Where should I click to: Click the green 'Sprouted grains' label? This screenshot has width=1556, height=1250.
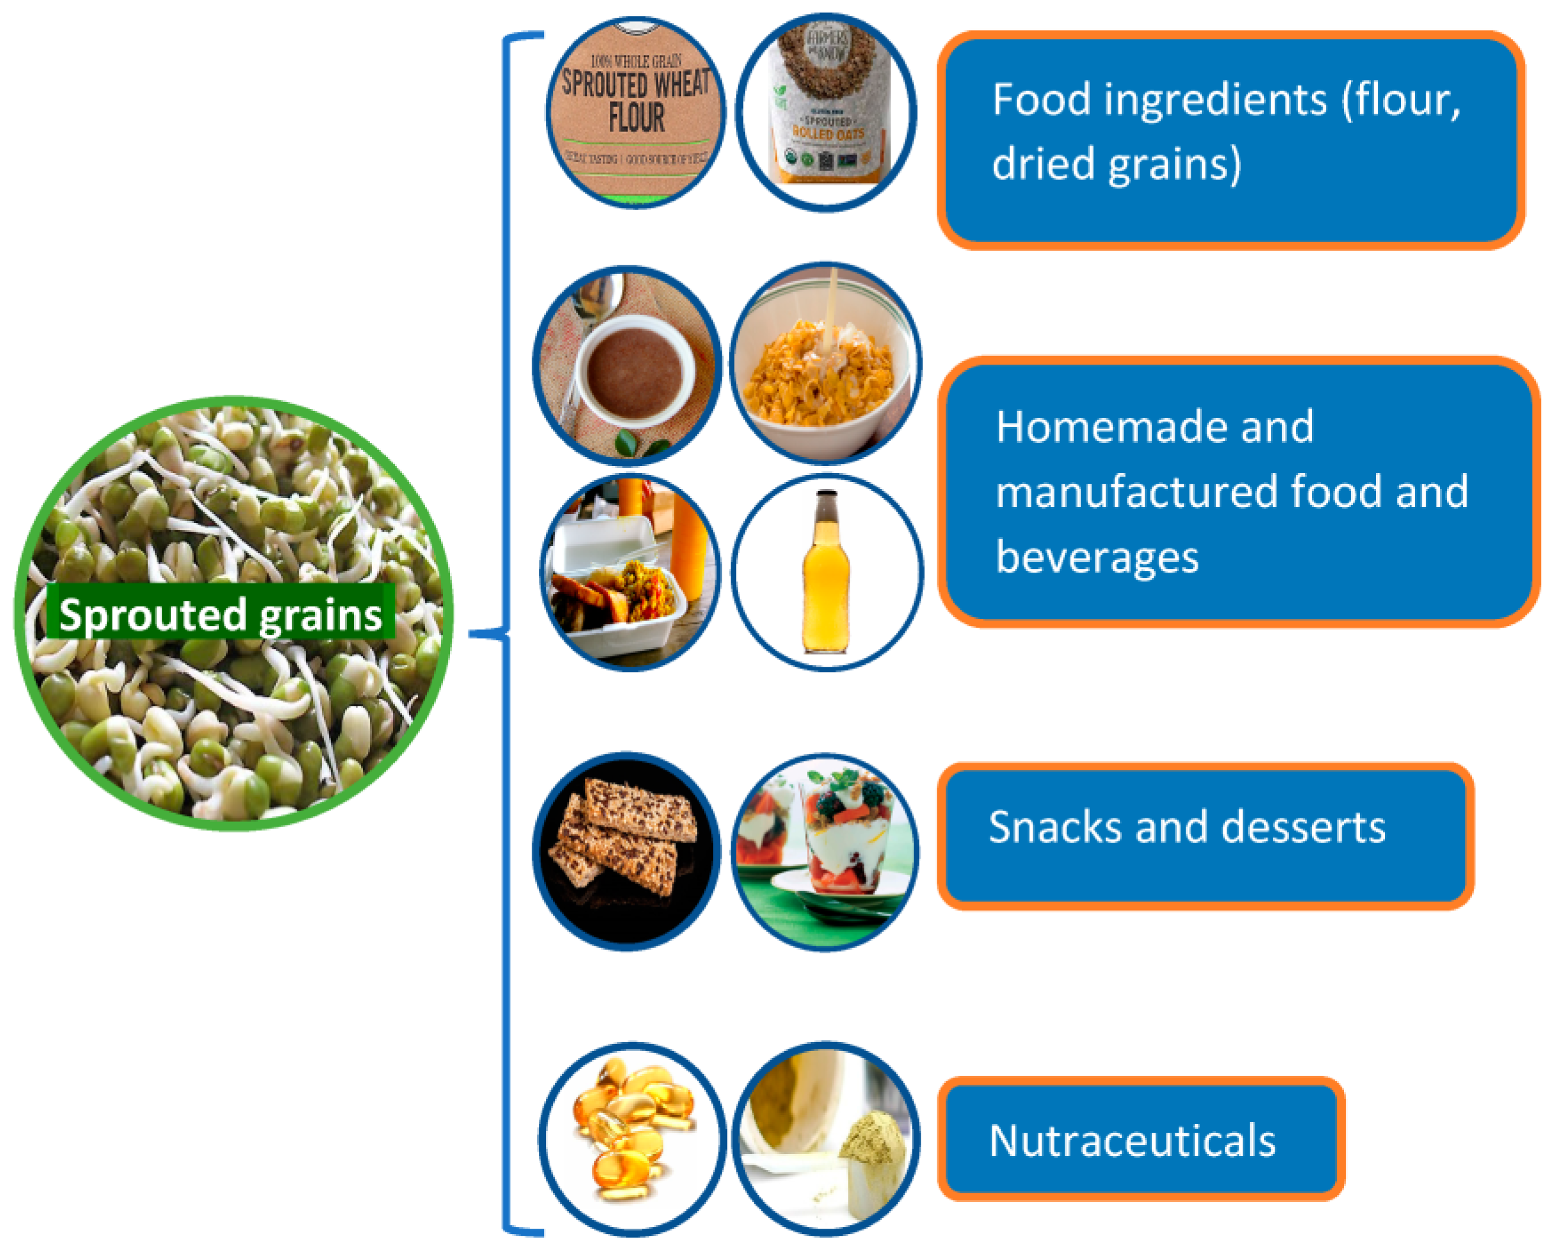[x=220, y=614]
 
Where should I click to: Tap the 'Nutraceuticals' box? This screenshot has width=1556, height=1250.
[x=1141, y=1140]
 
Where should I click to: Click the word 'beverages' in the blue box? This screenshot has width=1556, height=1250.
[x=1097, y=557]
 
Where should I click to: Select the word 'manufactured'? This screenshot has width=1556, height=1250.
[x=1137, y=492]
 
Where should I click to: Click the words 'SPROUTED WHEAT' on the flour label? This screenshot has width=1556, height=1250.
[x=636, y=83]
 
